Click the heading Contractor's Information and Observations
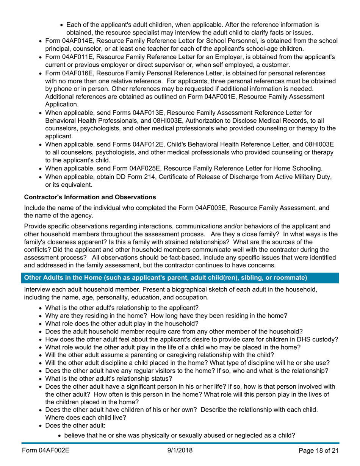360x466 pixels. point(86,197)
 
